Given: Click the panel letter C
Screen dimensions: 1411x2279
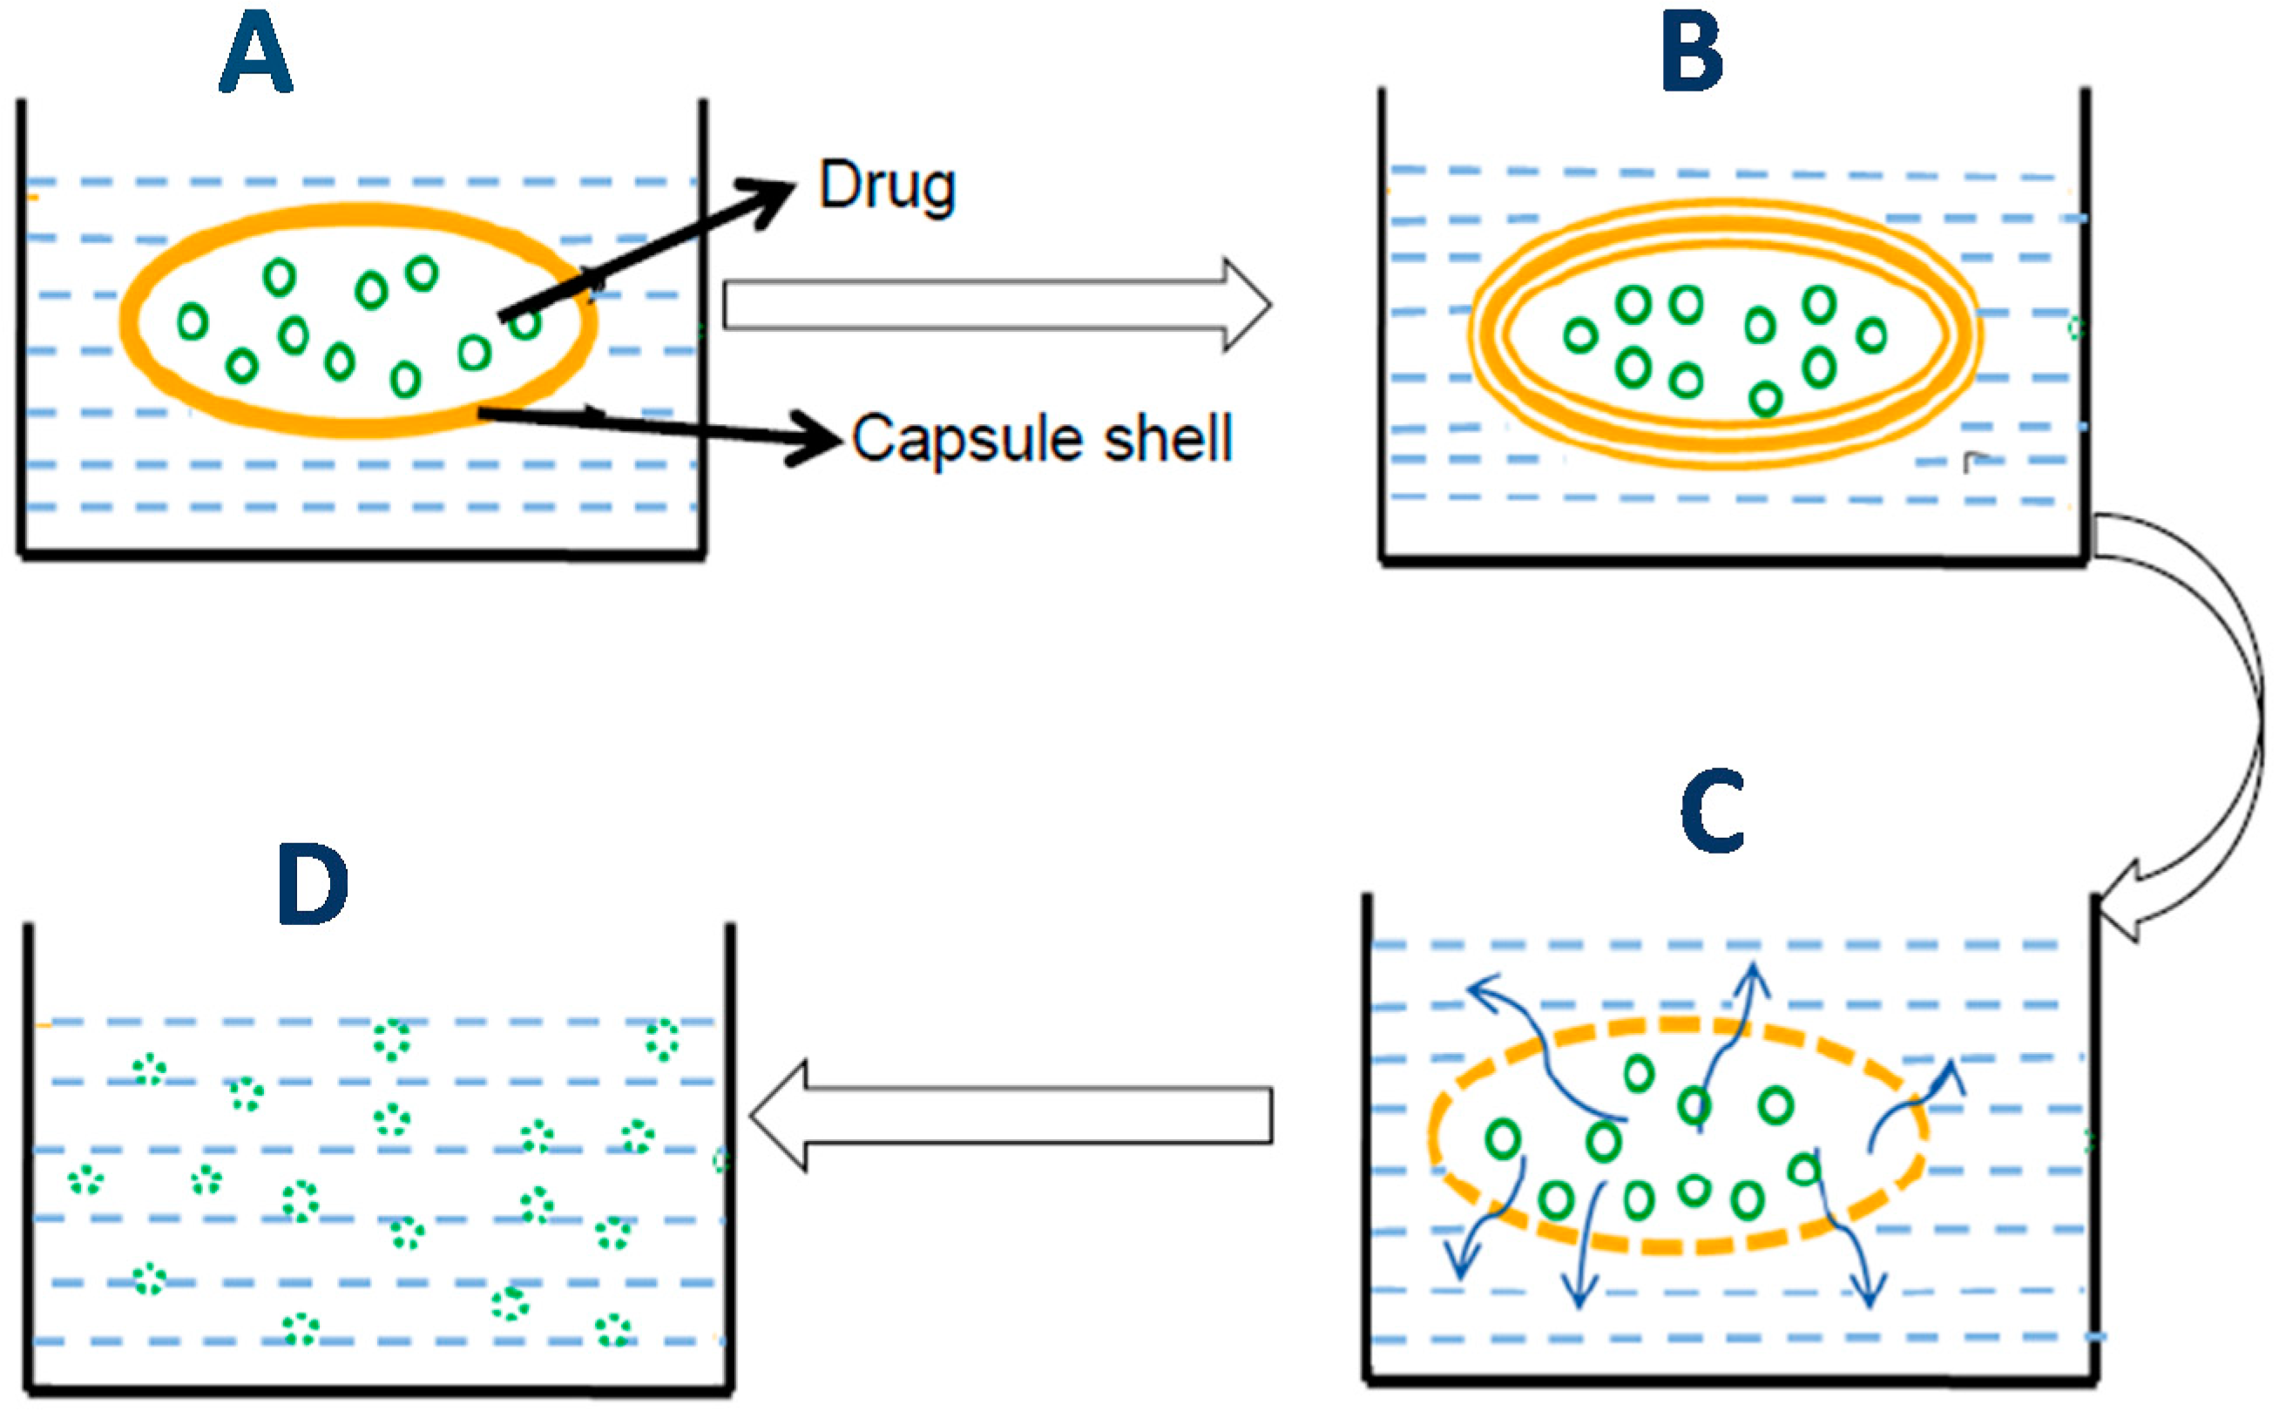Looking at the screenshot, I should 1713,811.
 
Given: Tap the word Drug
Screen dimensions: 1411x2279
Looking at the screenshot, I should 887,186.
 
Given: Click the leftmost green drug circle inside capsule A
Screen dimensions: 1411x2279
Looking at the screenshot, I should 193,322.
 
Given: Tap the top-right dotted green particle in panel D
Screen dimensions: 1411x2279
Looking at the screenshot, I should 662,1041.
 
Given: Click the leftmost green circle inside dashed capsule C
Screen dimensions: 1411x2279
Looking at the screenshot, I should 1503,1139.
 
